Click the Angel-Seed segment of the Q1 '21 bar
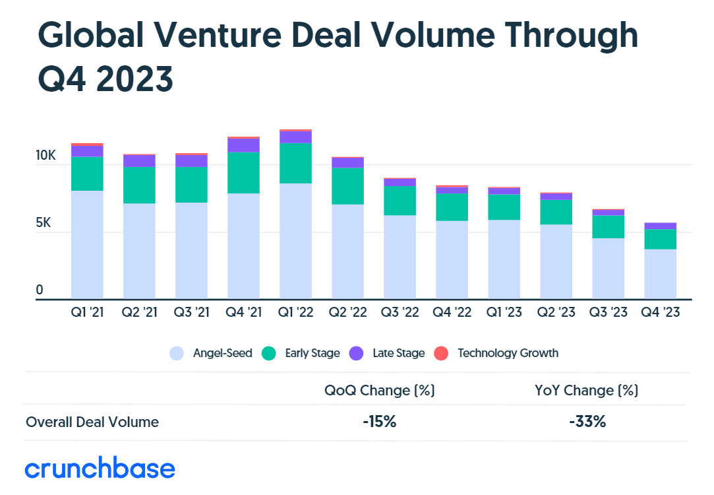coord(87,244)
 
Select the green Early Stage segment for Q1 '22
coord(295,163)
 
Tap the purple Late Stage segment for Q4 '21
coord(243,145)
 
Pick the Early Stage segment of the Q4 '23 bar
coord(660,239)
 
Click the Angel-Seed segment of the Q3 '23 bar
coord(608,268)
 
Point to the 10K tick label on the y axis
coord(46,156)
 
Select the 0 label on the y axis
coord(40,290)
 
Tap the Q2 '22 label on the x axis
coord(347,312)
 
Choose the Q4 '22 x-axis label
coord(452,312)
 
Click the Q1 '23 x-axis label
coord(504,312)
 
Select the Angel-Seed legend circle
coord(177,353)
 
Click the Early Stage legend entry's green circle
coord(268,353)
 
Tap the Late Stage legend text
coord(398,353)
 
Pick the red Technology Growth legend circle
coord(441,353)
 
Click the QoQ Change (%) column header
coord(379,391)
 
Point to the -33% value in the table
coord(587,422)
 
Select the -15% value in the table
coord(379,422)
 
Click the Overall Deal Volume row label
coord(92,422)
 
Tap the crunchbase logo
coord(100,469)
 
